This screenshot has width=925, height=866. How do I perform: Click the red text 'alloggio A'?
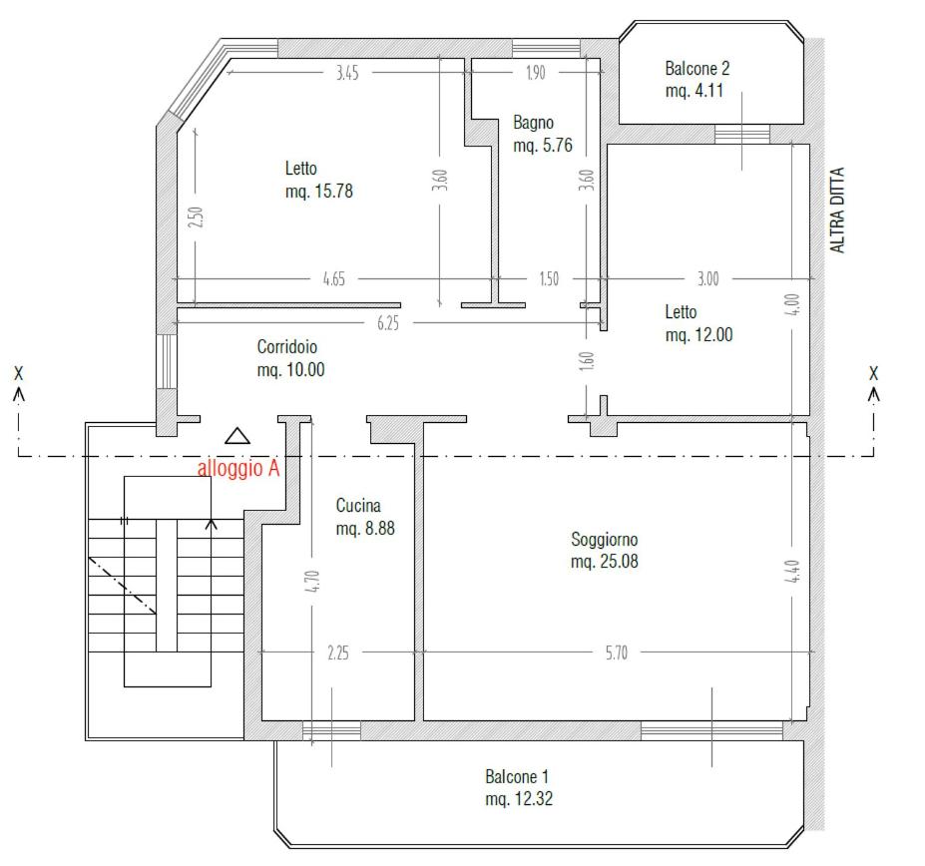click(238, 468)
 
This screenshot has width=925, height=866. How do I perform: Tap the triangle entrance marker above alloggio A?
click(237, 436)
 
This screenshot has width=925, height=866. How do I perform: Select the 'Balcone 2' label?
click(697, 69)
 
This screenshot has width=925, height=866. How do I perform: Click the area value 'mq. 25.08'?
click(604, 561)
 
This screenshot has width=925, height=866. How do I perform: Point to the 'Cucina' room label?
click(358, 506)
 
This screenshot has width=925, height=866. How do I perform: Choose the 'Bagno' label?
click(533, 123)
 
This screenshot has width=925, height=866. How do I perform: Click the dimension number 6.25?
click(388, 323)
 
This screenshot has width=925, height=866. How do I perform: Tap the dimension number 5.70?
click(617, 653)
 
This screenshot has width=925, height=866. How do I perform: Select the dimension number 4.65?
click(334, 279)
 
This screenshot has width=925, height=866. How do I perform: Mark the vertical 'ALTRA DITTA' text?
click(837, 211)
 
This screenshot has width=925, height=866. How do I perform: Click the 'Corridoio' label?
click(287, 347)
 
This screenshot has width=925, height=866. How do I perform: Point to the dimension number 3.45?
click(347, 73)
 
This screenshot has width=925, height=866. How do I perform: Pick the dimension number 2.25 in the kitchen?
click(338, 653)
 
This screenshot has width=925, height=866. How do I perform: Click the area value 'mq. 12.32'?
click(519, 799)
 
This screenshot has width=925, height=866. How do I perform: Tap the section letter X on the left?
click(19, 373)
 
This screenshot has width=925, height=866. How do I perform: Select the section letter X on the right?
click(874, 373)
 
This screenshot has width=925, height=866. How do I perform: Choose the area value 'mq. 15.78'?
click(319, 192)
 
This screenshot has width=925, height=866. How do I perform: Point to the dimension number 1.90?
click(536, 73)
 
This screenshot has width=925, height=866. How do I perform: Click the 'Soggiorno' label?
click(604, 539)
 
